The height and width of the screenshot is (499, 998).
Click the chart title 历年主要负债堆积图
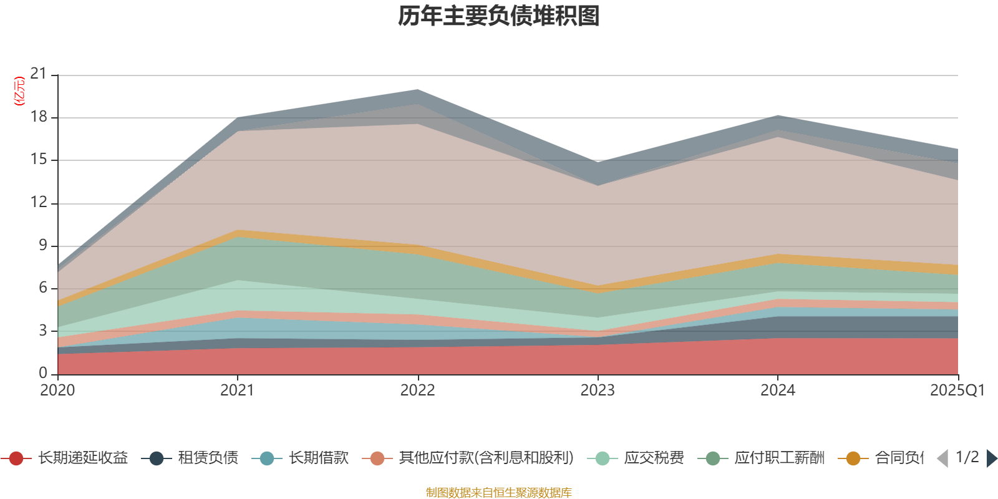pos(499,16)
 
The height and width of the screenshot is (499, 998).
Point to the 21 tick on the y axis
pos(39,74)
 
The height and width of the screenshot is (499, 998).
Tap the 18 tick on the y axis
pos(39,117)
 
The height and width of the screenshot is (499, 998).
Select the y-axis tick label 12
pos(39,202)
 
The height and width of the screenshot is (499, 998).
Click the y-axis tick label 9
pos(42,245)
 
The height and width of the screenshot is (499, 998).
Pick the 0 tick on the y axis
pos(42,373)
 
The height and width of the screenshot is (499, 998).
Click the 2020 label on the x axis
pos(57,390)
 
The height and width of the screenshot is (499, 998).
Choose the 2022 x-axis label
pos(417,390)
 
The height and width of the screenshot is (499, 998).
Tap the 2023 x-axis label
pos(598,390)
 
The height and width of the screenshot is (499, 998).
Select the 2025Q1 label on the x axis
pos(957,390)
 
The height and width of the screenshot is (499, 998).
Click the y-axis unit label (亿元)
pos(19,91)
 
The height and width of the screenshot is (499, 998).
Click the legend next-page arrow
pos(992,458)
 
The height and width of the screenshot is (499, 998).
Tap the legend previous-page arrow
pos(942,458)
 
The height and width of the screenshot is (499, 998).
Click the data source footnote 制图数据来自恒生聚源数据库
pos(499,493)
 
